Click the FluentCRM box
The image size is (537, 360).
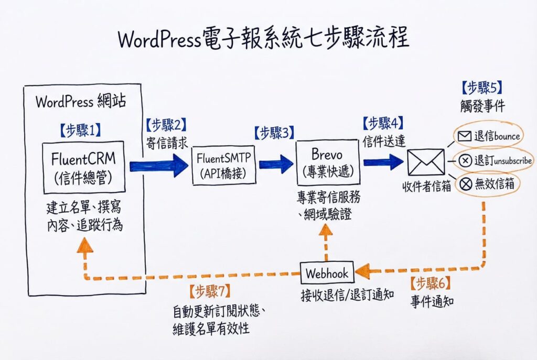pos(84,167)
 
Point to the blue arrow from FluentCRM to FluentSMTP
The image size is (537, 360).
pos(158,166)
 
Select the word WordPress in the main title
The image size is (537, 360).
pos(160,40)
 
